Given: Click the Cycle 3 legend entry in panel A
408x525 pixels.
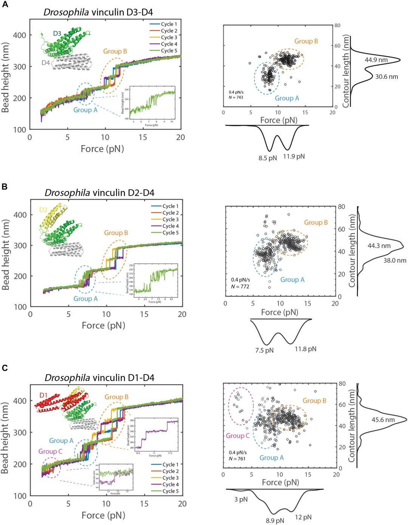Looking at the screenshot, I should click(168, 37).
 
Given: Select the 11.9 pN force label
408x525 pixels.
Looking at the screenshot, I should click(294, 156).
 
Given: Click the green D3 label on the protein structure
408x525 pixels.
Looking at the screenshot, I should click(57, 34).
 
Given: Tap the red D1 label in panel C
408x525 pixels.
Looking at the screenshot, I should click(44, 395).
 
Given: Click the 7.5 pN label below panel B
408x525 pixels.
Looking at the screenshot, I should click(264, 350).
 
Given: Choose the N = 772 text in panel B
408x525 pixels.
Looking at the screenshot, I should click(240, 287).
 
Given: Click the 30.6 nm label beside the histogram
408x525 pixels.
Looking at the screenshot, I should click(386, 77).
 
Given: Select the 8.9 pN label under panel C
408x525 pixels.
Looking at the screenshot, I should click(275, 520).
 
